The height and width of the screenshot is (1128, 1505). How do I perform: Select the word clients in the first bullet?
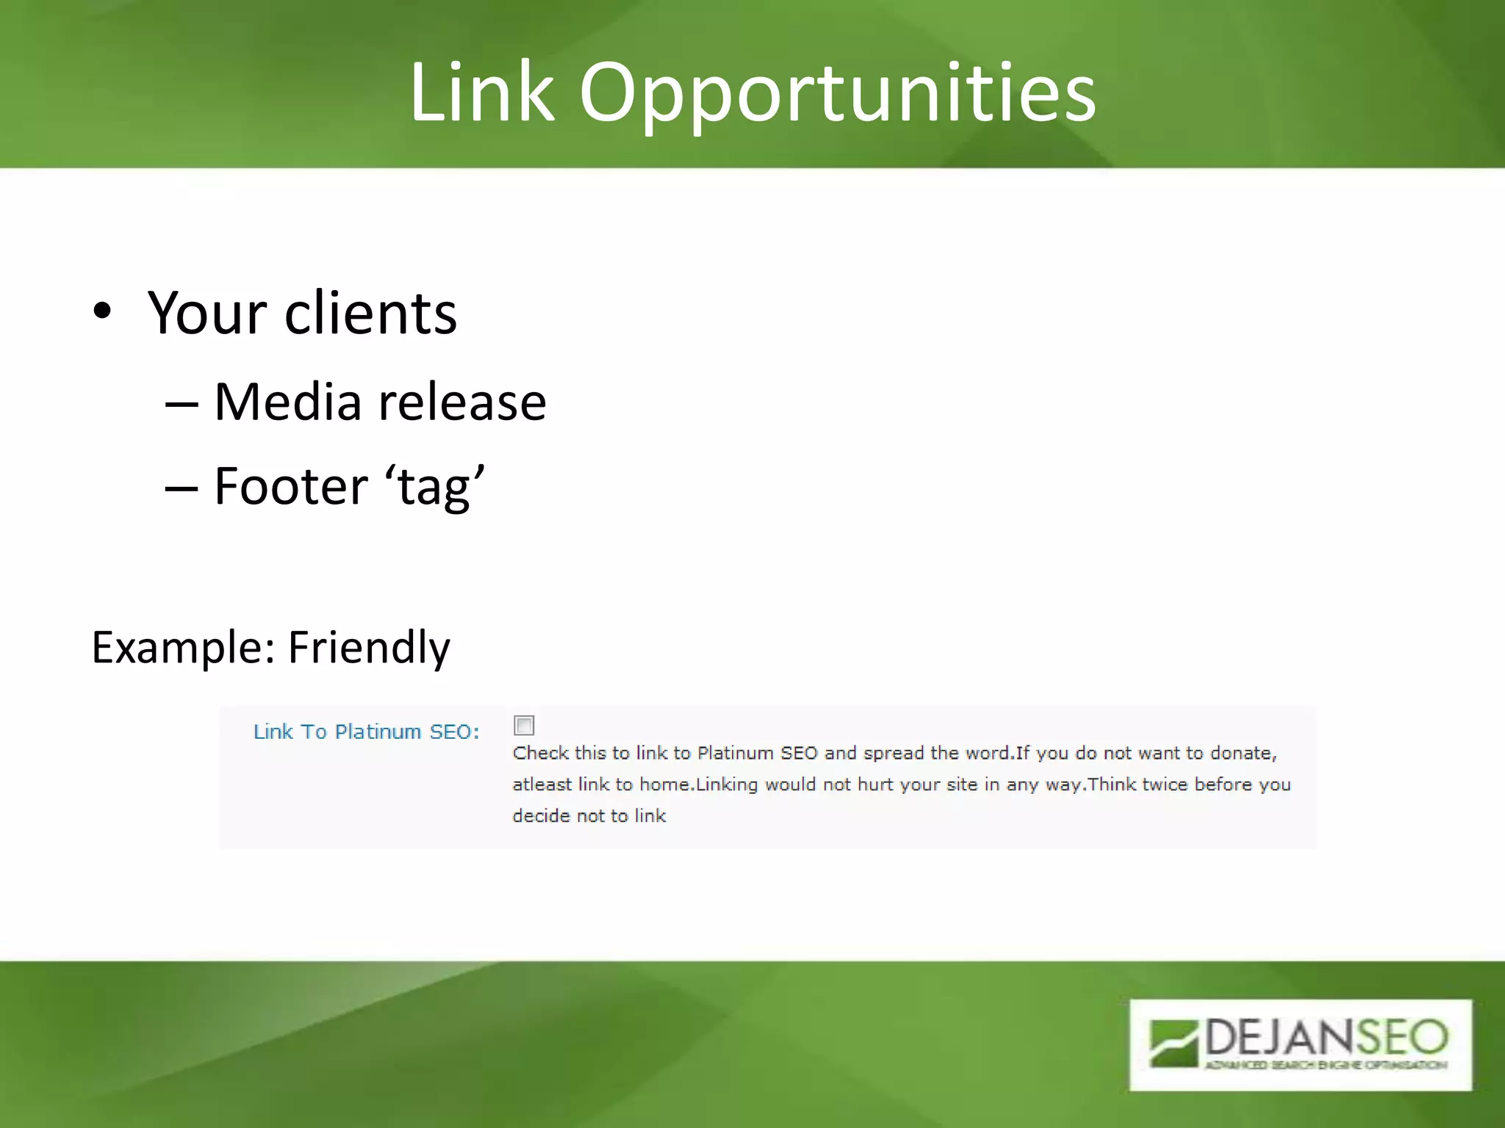[x=370, y=313]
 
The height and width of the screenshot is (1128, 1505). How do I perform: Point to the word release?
[x=462, y=402]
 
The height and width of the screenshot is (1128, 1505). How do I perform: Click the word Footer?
[x=291, y=486]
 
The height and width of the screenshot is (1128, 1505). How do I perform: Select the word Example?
[x=183, y=647]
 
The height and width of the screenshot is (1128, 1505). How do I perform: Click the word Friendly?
[x=369, y=647]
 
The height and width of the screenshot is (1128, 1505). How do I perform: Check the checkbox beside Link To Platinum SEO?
[x=524, y=726]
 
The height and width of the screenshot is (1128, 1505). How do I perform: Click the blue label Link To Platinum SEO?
[x=366, y=731]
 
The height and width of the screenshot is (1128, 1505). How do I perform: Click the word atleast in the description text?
[x=542, y=784]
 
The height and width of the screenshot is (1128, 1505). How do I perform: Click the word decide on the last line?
[x=541, y=816]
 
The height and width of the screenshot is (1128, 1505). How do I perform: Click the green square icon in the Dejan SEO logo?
[x=1174, y=1042]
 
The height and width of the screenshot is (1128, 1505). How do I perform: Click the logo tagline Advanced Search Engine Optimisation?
[x=1325, y=1065]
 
